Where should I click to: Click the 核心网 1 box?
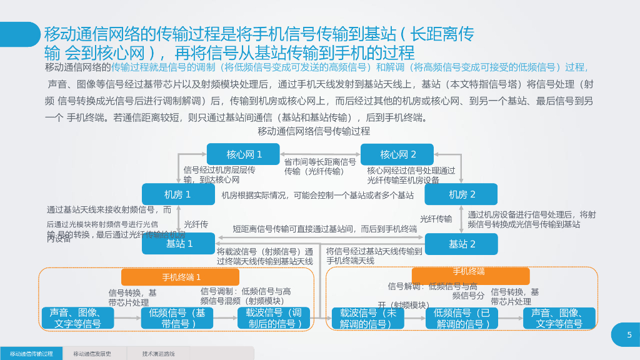244,154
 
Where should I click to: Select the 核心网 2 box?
397,154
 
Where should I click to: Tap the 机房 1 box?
178,194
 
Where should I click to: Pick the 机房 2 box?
461,194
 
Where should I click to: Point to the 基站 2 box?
461,244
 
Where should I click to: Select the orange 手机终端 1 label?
181,277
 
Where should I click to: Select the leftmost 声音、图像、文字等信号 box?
78,318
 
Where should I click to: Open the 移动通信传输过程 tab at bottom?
31,354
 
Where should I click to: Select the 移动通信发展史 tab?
95,354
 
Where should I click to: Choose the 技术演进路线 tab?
158,354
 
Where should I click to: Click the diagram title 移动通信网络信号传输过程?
314,131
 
